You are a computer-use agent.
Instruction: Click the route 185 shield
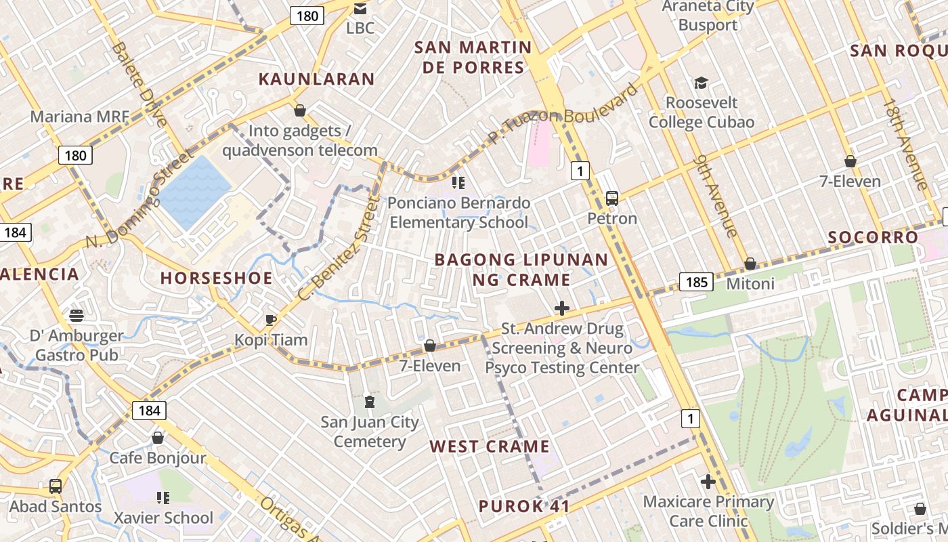pyautogui.click(x=696, y=282)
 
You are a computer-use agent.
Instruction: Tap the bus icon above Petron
pyautogui.click(x=612, y=199)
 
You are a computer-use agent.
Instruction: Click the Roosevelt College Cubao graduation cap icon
pyautogui.click(x=701, y=83)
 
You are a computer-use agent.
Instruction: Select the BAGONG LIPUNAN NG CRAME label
pyautogui.click(x=521, y=270)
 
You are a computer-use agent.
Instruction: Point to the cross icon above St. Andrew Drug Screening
pyautogui.click(x=561, y=309)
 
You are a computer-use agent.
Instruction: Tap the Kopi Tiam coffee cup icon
pyautogui.click(x=271, y=320)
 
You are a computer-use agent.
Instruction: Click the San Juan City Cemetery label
pyautogui.click(x=370, y=432)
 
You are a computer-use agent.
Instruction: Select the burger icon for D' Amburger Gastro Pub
pyautogui.click(x=77, y=316)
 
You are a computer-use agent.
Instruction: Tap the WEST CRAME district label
pyautogui.click(x=490, y=446)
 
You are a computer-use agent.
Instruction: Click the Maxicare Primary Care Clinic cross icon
pyautogui.click(x=708, y=482)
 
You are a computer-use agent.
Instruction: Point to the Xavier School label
pyautogui.click(x=163, y=518)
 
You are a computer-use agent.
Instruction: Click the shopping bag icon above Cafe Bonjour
pyautogui.click(x=158, y=438)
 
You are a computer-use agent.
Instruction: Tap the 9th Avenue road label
pyautogui.click(x=716, y=196)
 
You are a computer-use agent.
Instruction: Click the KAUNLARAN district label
pyautogui.click(x=316, y=79)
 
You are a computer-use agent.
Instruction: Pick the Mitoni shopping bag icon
pyautogui.click(x=750, y=264)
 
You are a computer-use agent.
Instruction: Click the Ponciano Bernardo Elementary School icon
pyautogui.click(x=458, y=183)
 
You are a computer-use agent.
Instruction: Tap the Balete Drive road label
pyautogui.click(x=139, y=85)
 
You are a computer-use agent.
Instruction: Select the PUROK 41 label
pyautogui.click(x=523, y=506)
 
